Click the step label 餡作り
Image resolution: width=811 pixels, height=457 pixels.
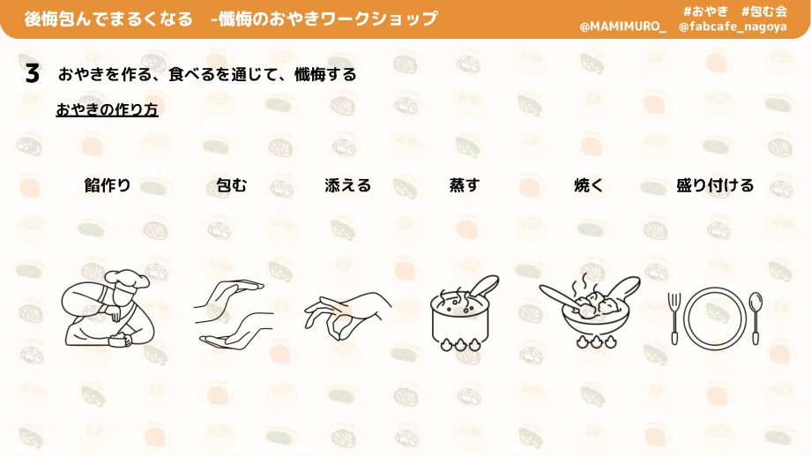click(108, 184)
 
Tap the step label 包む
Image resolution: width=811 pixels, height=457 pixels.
click(232, 184)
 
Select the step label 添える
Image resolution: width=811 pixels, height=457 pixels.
click(347, 184)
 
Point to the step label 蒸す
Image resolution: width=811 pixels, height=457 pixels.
click(465, 184)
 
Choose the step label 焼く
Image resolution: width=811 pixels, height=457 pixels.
click(589, 184)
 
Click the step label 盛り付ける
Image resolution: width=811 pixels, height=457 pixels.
click(715, 184)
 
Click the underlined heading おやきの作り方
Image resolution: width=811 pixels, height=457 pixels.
click(107, 109)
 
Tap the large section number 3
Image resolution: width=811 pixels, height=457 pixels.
click(32, 73)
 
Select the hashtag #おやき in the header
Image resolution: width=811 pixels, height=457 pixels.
click(705, 11)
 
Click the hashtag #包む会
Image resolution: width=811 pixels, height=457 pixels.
click(764, 11)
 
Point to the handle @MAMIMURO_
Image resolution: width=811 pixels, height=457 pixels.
click(622, 26)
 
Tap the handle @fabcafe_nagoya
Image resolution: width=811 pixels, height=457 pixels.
click(733, 26)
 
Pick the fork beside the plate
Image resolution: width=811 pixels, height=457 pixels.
click(674, 318)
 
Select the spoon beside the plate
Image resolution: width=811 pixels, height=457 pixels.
click(755, 318)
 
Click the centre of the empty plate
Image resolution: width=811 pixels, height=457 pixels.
click(715, 318)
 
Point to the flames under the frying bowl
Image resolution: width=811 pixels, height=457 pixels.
click(597, 341)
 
